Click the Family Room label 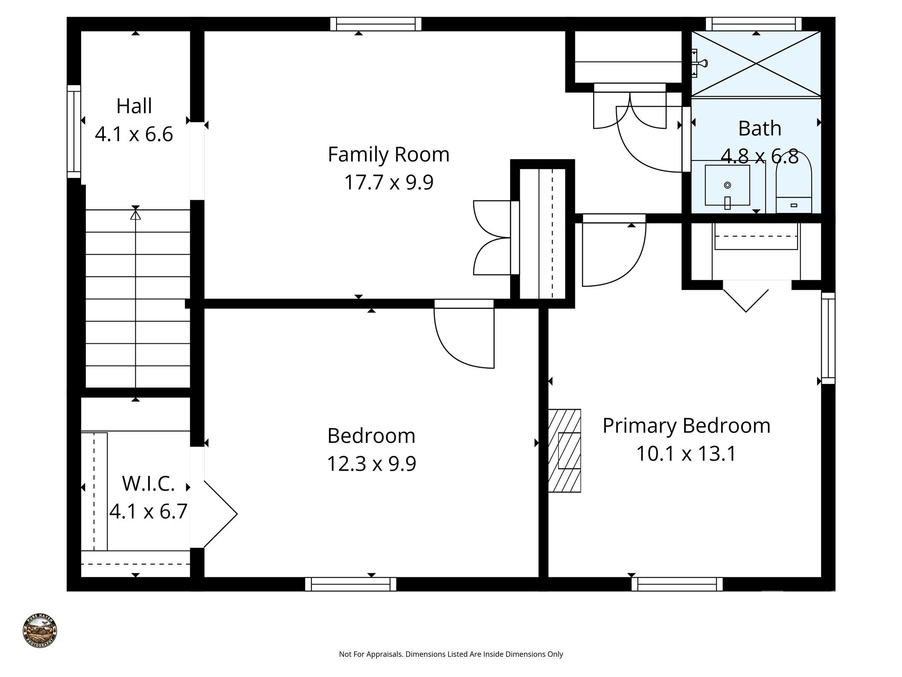click(388, 155)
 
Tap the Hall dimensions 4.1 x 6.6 click(134, 134)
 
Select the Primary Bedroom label click(686, 426)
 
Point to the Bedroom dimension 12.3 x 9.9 click(371, 464)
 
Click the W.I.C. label click(148, 484)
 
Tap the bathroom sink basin click(727, 186)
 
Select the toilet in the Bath click(793, 185)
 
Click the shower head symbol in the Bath click(700, 63)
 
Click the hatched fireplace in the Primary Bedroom click(564, 450)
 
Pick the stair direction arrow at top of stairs click(136, 215)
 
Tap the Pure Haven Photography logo click(40, 631)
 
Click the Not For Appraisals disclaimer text click(451, 654)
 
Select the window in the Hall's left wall click(74, 131)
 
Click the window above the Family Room click(376, 24)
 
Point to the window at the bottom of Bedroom click(351, 584)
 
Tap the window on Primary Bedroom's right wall click(828, 338)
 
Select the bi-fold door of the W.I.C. click(219, 514)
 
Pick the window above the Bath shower click(753, 24)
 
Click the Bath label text click(759, 129)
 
